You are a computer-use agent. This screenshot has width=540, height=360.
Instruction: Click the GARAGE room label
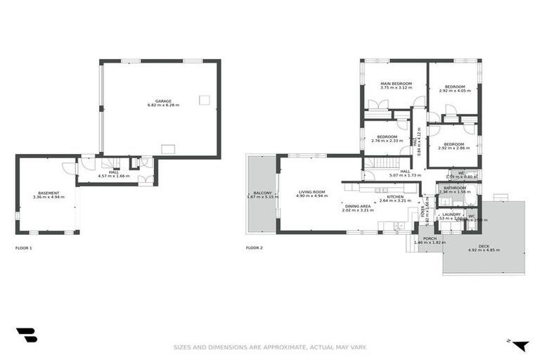163,101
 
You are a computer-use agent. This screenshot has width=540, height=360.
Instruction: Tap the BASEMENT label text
49,193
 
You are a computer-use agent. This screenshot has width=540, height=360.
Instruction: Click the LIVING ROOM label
312,191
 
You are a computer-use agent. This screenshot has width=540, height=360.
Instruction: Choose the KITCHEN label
395,197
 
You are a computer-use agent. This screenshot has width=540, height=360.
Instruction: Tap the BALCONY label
263,193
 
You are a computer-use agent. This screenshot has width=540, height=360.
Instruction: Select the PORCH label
430,238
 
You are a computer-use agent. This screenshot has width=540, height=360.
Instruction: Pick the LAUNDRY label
451,214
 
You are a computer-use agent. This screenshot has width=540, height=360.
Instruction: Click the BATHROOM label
455,188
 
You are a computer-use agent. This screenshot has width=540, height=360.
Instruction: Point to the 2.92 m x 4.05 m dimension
454,91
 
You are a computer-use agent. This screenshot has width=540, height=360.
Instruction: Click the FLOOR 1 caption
23,248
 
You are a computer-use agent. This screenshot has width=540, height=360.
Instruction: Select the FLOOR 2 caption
254,248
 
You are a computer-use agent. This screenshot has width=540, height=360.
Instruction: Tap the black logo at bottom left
26,335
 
